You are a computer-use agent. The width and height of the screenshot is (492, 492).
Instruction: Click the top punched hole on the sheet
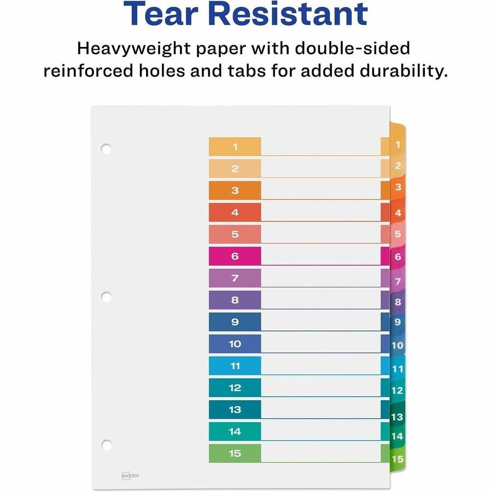[106, 148]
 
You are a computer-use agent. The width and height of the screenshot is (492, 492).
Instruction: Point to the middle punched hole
[106, 297]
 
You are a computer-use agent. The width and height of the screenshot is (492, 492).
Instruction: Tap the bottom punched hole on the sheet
[106, 444]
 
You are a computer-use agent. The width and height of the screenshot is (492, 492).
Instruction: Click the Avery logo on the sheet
[130, 476]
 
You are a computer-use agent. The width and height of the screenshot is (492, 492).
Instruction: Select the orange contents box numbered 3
[235, 190]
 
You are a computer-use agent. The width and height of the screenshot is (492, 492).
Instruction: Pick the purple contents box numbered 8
[235, 300]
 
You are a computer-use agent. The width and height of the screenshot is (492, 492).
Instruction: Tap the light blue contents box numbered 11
[235, 366]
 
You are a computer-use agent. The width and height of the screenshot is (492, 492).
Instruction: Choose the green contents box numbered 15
[235, 453]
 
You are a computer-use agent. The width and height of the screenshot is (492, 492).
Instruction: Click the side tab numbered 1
[397, 145]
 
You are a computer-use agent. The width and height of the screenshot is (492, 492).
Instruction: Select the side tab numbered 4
[398, 213]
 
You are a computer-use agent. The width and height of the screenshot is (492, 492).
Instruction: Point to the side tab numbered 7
[398, 282]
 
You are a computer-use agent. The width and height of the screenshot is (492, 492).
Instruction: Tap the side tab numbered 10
[397, 345]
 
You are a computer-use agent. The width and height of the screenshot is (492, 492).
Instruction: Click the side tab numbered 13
[397, 417]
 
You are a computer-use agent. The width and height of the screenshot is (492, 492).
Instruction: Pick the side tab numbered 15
[397, 459]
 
